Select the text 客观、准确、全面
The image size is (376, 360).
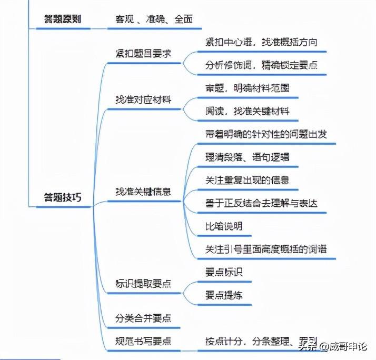point(154,19)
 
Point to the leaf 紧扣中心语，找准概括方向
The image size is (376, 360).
point(261,42)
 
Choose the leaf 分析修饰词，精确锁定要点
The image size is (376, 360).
point(261,66)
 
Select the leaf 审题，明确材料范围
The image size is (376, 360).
point(247,88)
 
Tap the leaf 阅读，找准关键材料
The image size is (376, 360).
point(247,111)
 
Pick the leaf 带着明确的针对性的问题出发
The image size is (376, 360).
point(266,134)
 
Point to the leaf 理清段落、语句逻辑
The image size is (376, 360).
point(247,157)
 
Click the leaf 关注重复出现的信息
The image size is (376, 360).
point(247,180)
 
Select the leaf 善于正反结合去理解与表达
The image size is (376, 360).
point(261,203)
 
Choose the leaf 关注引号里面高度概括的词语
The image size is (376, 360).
point(269,249)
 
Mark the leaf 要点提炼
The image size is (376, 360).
point(224,295)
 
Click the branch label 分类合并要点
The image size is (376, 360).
point(143,318)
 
